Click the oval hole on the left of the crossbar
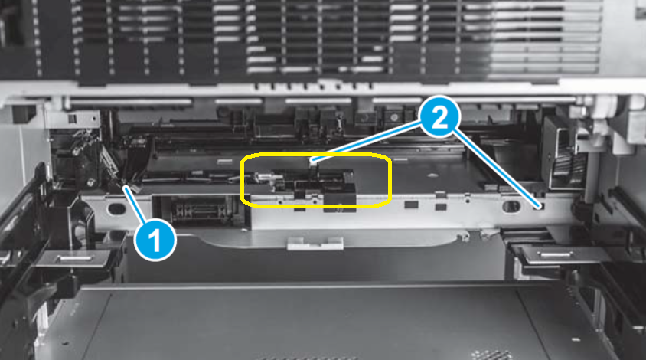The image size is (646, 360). click(116, 208)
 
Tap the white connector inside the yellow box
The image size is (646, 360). click(314, 162)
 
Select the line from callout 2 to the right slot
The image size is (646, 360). click(498, 169)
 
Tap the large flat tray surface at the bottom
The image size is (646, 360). click(306, 322)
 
